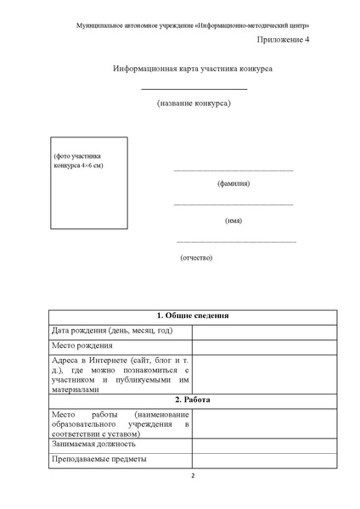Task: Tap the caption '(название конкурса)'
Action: (194, 103)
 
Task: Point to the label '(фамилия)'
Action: (233, 183)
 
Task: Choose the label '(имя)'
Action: (233, 221)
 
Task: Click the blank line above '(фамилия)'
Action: (233, 171)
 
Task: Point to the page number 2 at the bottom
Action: (192, 475)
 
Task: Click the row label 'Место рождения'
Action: (82, 345)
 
